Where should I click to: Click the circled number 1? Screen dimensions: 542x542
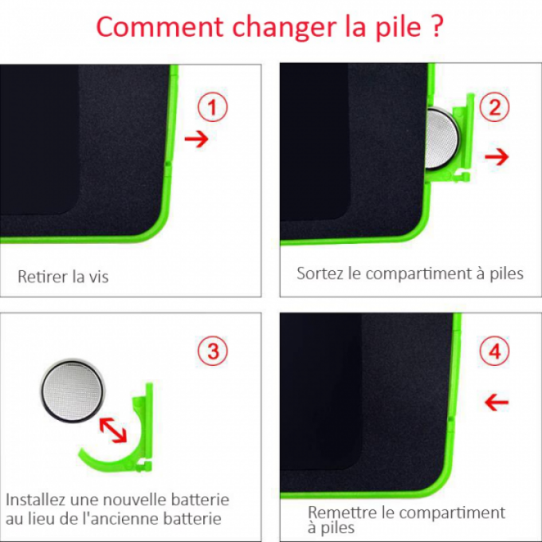point(213,107)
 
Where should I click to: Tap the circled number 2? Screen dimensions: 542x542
point(495,107)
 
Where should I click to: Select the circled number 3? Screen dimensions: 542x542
point(213,352)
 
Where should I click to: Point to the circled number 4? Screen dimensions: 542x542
point(495,352)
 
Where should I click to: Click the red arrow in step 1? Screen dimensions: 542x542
point(196,139)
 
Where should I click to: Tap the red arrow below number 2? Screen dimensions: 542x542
point(497,157)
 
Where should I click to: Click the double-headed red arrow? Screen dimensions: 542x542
point(113,430)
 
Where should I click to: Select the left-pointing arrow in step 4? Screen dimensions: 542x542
point(497,403)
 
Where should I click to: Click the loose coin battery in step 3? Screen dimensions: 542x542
point(73,391)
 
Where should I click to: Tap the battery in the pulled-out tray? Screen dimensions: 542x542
point(442,138)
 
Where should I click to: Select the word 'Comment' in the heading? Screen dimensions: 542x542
point(159,27)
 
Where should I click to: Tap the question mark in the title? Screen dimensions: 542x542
point(437,26)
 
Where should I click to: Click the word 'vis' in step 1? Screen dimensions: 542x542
point(99,277)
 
